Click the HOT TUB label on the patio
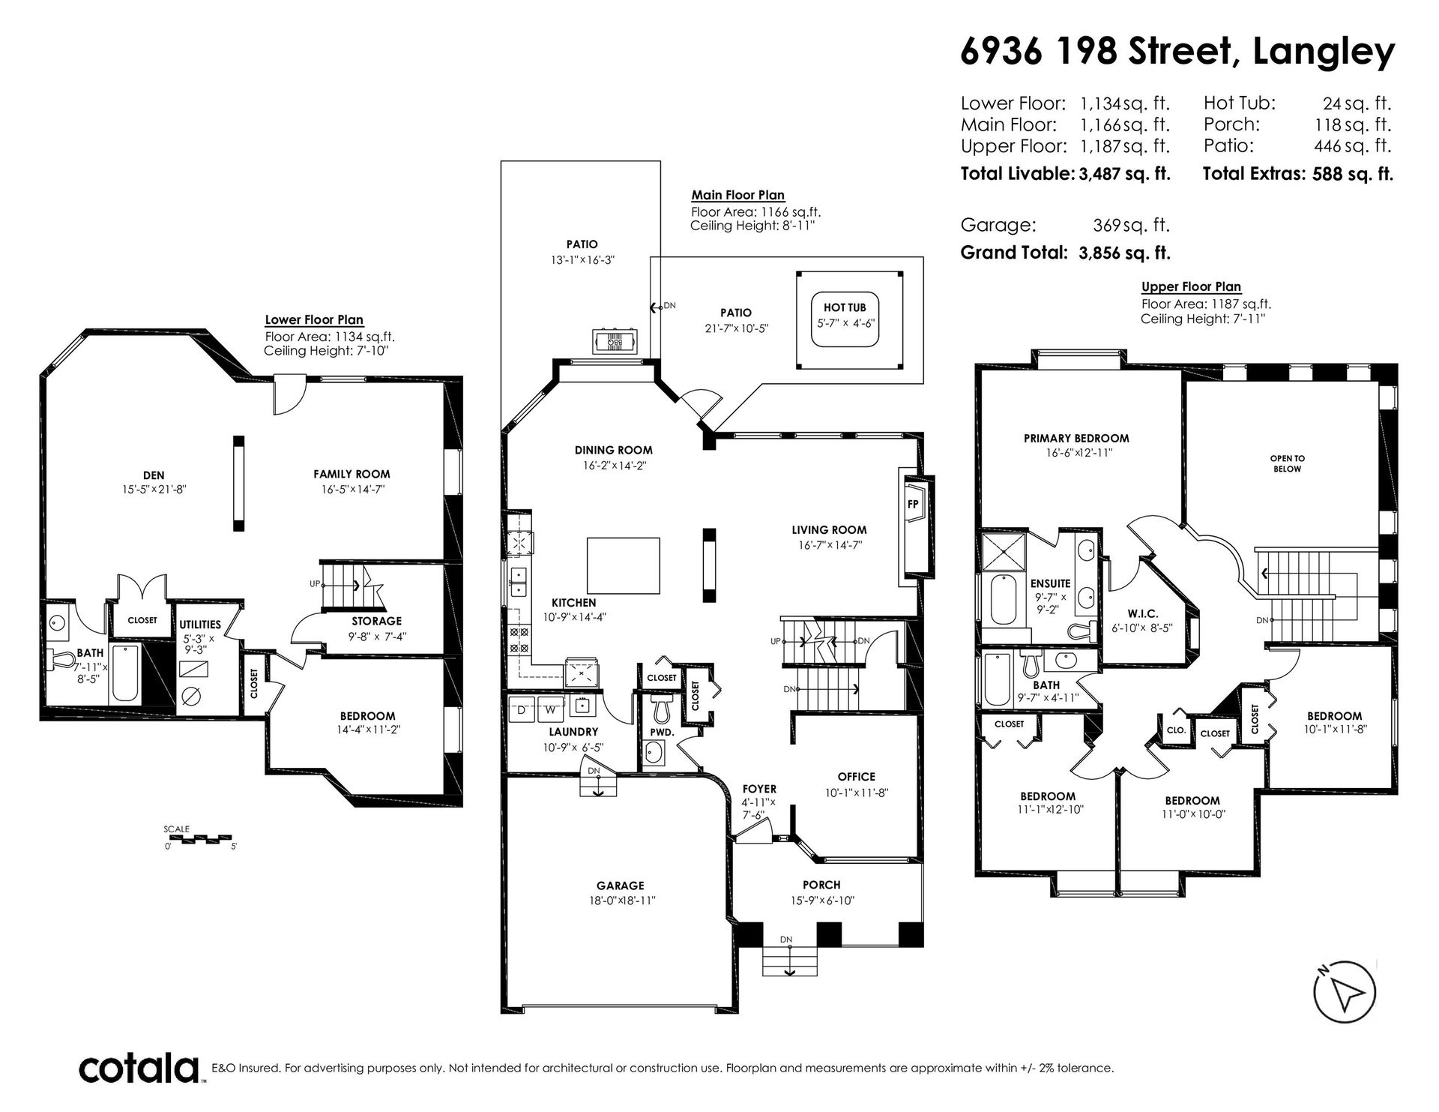tap(845, 307)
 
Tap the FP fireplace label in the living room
tap(913, 505)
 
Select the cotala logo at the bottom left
tap(139, 1067)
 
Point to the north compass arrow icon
tap(1346, 994)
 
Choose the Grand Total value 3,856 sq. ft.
tap(1124, 253)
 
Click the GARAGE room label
tap(620, 886)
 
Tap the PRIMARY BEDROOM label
tap(1076, 439)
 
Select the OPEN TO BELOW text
tap(1287, 463)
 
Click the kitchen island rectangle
tap(624, 565)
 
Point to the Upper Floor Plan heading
tap(1191, 286)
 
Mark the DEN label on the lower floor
tap(154, 475)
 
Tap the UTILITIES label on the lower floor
tap(200, 625)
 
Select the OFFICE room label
tap(856, 777)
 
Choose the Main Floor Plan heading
tap(738, 196)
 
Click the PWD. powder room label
tap(663, 732)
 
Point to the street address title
tap(1177, 52)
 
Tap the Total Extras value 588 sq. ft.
tap(1353, 175)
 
